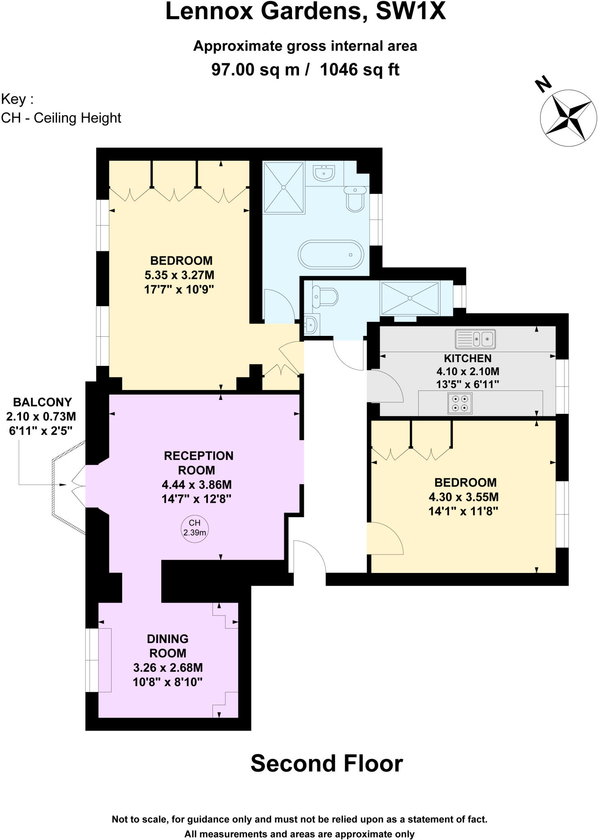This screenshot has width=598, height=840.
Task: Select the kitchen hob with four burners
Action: (x=459, y=403)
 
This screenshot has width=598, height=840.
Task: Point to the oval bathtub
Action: (x=331, y=254)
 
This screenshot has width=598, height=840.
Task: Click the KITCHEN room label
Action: (x=468, y=358)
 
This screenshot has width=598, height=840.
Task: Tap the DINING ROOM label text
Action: (x=167, y=646)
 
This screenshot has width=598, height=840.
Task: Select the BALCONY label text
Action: (x=42, y=402)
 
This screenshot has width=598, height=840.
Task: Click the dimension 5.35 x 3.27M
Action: (x=179, y=275)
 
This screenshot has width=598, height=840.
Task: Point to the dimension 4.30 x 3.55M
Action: (x=463, y=497)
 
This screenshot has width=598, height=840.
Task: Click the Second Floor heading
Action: (x=326, y=764)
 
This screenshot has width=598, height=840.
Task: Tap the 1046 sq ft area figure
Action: (x=359, y=70)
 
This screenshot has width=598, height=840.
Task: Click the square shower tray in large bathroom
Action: (x=283, y=187)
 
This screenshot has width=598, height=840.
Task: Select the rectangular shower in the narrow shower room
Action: (x=409, y=298)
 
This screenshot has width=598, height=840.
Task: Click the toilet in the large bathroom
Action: (x=355, y=199)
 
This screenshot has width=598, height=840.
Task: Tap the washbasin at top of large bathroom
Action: (x=324, y=172)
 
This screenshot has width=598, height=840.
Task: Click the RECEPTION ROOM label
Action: (x=199, y=463)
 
